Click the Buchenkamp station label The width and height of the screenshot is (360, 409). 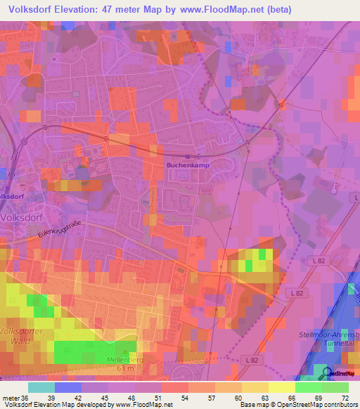(x=188, y=165)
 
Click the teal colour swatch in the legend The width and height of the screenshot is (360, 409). (x=41, y=387)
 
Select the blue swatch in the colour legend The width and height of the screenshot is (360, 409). (x=67, y=387)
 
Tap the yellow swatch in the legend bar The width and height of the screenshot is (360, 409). (x=281, y=387)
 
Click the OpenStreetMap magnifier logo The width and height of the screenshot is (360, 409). (x=325, y=373)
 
